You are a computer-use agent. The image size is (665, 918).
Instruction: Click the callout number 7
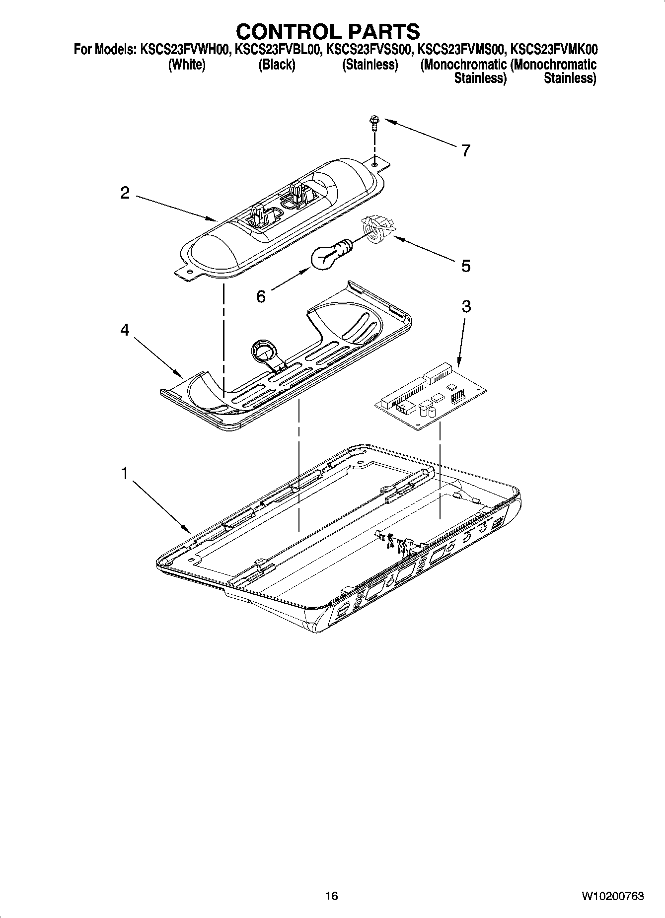pos(465,150)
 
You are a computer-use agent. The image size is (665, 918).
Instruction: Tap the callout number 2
pos(125,193)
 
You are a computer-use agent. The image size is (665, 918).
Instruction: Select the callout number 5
pos(465,266)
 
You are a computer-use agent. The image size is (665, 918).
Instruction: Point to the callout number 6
pos(261,296)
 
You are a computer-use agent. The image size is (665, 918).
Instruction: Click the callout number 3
pos(466,306)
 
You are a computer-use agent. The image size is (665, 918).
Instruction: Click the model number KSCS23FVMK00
pos(554,50)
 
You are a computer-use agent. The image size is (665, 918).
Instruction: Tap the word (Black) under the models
pos(277,65)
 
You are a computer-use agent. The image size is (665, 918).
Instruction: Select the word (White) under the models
pos(187,65)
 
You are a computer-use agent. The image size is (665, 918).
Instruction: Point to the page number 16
pos(331,896)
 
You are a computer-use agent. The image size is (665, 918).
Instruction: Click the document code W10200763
pos(612,896)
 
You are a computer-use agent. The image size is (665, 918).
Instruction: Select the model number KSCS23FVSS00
pos(369,50)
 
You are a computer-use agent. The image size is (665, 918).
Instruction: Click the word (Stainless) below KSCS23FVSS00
pos(370,65)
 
